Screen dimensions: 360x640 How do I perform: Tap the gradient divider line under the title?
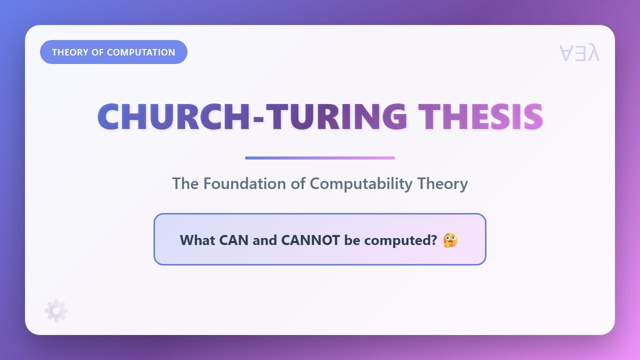[320, 158]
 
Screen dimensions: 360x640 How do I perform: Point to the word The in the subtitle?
[185, 183]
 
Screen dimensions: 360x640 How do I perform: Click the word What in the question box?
[197, 240]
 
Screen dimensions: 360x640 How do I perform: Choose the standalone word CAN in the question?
[233, 240]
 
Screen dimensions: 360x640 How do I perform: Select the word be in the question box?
[352, 240]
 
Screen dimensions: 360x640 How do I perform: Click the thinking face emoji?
[450, 240]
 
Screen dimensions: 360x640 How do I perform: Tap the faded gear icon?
[56, 310]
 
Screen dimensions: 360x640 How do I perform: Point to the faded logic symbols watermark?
[579, 53]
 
